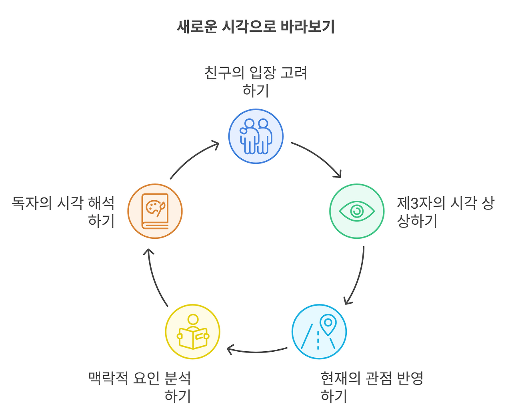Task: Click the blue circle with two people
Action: (256, 136)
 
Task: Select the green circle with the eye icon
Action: (357, 211)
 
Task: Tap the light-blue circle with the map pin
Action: (319, 332)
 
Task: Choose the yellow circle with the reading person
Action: (193, 332)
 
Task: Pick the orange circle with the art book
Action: (155, 211)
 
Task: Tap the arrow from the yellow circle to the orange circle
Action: (154, 276)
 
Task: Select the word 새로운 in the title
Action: (196, 27)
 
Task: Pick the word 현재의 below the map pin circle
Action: (340, 378)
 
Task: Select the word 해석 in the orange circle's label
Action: (102, 203)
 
